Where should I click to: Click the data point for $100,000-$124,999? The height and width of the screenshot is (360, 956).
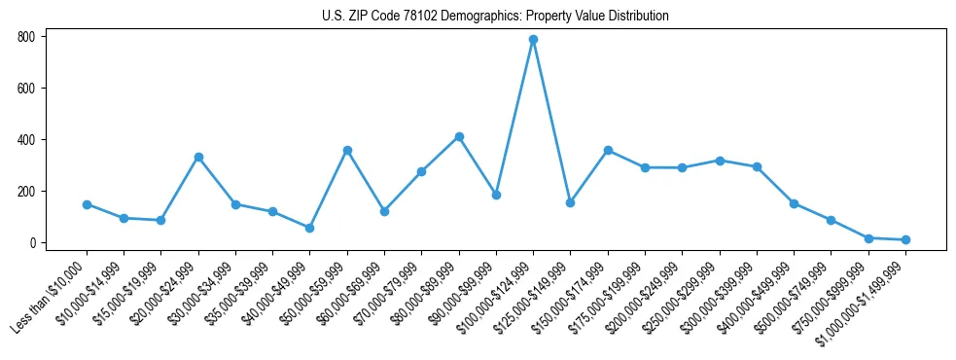coord(533,40)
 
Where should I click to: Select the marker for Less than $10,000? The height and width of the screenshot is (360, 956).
coord(87,204)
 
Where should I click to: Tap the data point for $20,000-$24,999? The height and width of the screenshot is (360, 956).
coord(198,157)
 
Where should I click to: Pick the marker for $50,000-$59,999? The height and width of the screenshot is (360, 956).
coord(347,150)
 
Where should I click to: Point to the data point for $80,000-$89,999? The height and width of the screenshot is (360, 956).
coord(459,136)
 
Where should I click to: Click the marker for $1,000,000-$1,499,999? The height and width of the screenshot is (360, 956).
coord(905,239)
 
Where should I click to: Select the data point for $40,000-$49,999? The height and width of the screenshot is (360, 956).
coord(309,228)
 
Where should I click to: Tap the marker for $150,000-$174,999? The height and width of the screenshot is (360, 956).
coord(608,150)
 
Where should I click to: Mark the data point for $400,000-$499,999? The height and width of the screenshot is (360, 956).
coord(794,203)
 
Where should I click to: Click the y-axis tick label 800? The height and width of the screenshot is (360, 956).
coord(26,37)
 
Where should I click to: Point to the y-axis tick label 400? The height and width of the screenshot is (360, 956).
coord(26,140)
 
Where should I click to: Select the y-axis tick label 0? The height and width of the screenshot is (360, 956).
coord(32,243)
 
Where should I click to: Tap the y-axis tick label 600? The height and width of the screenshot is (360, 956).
coord(26,89)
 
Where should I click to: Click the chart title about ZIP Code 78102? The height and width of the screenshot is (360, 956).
coord(495,17)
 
